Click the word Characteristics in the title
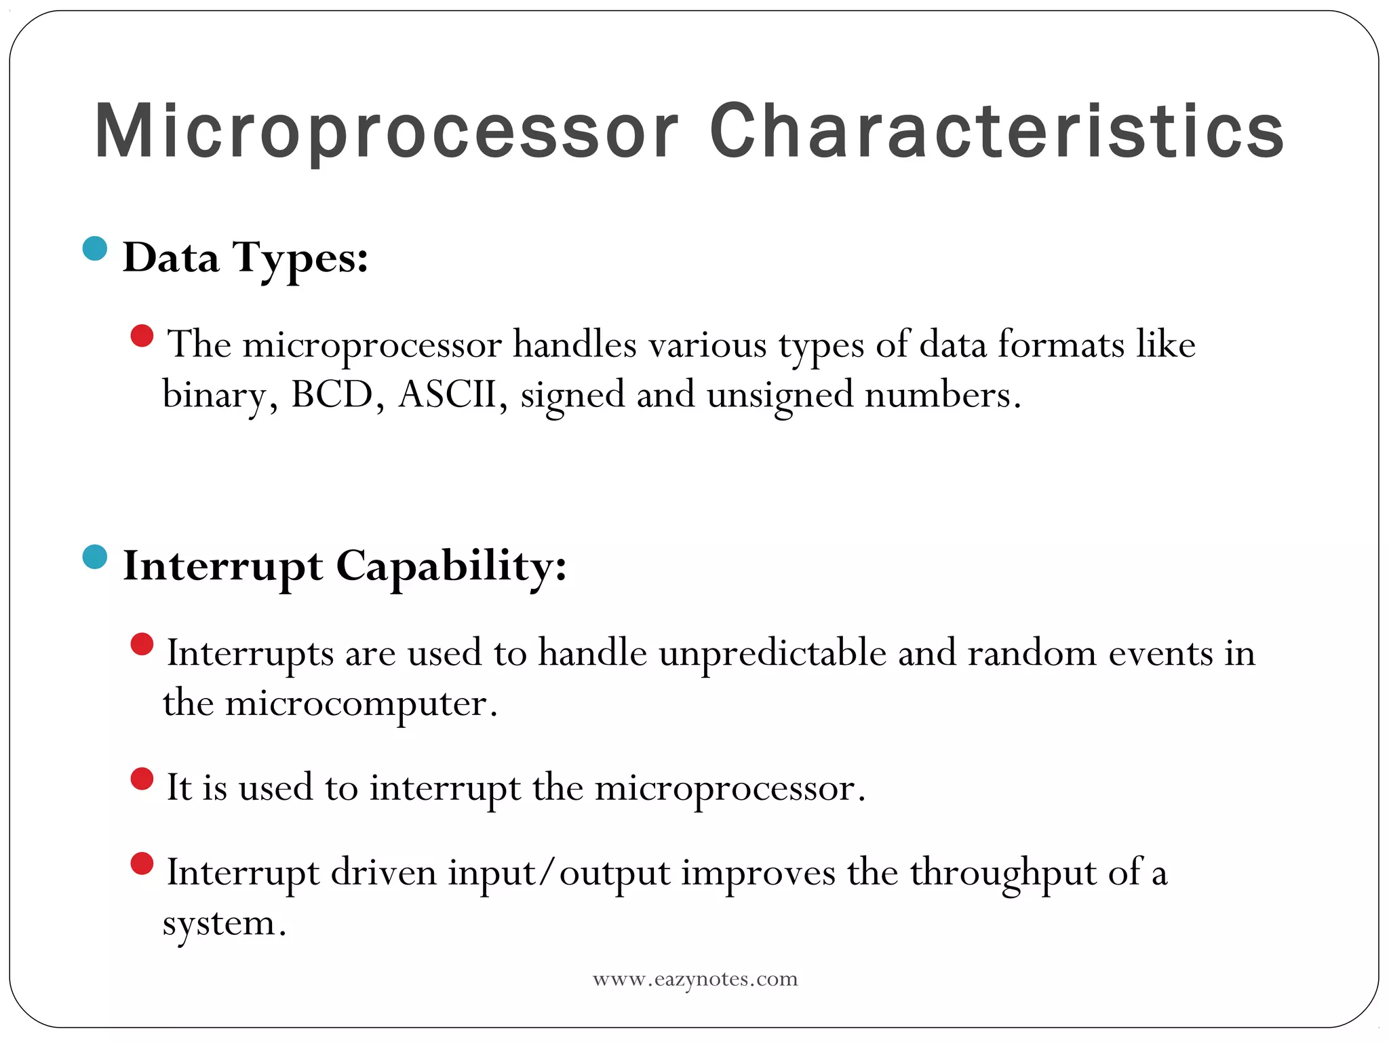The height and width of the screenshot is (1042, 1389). pos(996,131)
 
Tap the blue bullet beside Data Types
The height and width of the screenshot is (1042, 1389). pos(95,248)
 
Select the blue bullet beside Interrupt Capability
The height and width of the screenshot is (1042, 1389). pos(95,557)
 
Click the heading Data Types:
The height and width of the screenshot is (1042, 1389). pos(246,258)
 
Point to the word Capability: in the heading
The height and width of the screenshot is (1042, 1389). pos(451,566)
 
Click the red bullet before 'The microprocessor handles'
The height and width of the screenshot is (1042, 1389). pos(142,336)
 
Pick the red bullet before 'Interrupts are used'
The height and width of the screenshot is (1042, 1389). pos(142,644)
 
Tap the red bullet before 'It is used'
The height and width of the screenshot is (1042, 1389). pos(142,779)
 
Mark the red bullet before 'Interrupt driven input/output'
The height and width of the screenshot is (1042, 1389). pos(142,864)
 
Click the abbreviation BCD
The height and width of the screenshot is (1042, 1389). pos(332,395)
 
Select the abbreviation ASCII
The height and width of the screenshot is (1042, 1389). pos(448,395)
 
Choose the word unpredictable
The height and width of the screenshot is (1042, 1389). pos(772,654)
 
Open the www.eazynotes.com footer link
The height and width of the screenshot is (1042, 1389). pos(695,980)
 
